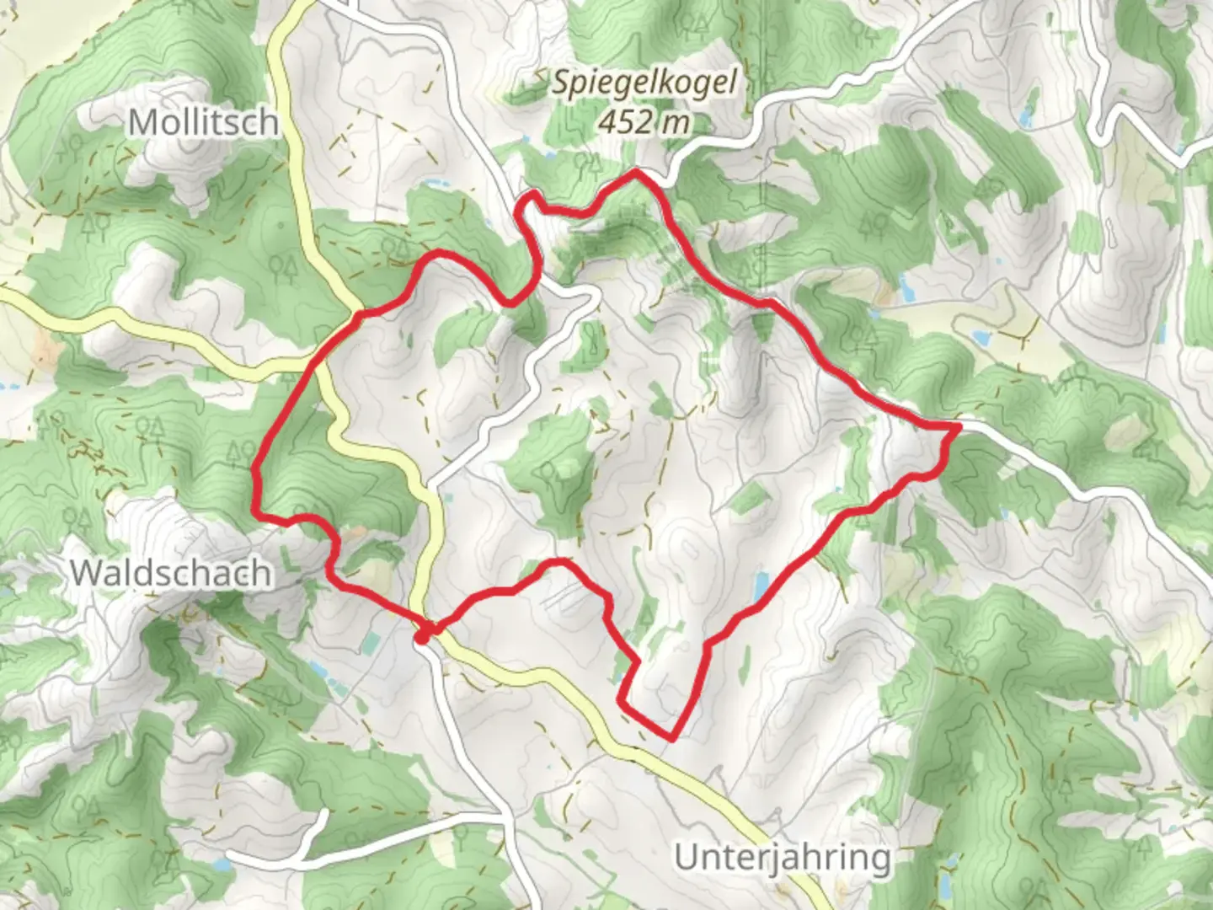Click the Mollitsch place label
tap(203, 123)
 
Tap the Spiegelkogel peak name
tap(644, 83)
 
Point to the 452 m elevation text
tap(644, 122)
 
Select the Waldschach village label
tap(171, 573)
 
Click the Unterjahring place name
tap(783, 858)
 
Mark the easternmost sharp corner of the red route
tap(958, 428)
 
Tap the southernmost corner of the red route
tap(672, 739)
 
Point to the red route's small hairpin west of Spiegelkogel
tap(526, 202)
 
